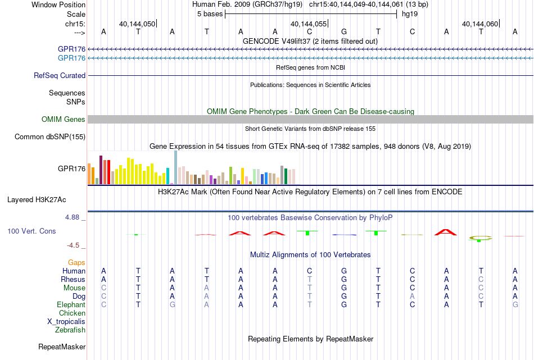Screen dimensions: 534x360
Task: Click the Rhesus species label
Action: click(73, 279)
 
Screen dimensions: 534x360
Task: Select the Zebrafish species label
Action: click(70, 330)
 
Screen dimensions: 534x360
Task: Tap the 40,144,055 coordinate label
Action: click(309, 24)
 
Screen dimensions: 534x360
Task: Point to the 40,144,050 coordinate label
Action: click(137, 24)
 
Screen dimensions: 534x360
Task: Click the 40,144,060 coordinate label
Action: click(480, 24)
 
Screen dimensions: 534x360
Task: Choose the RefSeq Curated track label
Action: click(60, 76)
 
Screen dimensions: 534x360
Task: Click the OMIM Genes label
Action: click(64, 120)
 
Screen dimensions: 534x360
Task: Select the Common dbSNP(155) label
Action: click(50, 137)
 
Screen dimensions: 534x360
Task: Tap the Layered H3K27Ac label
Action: click(37, 200)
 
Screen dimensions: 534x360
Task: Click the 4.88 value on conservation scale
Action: click(72, 217)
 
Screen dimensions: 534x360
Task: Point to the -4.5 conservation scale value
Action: click(73, 245)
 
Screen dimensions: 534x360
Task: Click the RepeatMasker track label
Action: click(62, 347)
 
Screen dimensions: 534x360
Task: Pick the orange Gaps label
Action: click(76, 263)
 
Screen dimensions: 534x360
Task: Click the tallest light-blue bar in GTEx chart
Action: click(176, 167)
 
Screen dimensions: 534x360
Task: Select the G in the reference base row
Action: click(344, 31)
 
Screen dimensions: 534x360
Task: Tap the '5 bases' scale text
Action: click(210, 14)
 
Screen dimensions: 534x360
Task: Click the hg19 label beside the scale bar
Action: click(410, 14)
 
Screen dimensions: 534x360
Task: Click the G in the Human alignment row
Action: click(344, 271)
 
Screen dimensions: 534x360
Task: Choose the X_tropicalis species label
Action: click(66, 322)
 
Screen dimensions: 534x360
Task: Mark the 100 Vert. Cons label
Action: click(31, 231)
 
